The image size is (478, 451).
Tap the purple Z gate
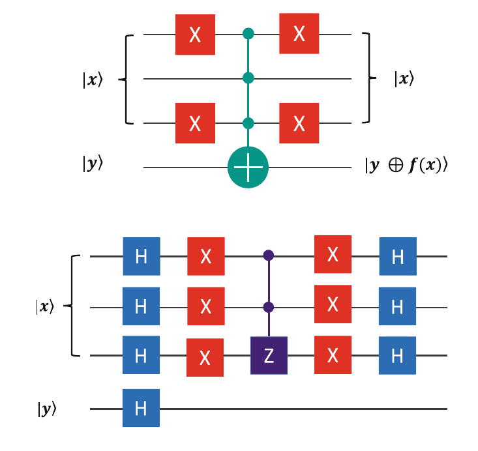click(269, 356)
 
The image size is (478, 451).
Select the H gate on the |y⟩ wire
click(141, 408)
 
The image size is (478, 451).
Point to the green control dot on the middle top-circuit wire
click(248, 79)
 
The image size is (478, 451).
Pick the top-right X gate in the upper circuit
click(299, 35)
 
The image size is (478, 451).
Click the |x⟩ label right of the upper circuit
click(403, 79)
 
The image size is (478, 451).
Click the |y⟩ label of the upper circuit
click(93, 165)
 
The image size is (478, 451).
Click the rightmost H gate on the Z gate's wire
click(398, 356)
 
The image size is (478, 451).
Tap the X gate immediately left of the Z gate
click(205, 357)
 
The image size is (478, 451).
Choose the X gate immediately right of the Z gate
click(333, 356)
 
